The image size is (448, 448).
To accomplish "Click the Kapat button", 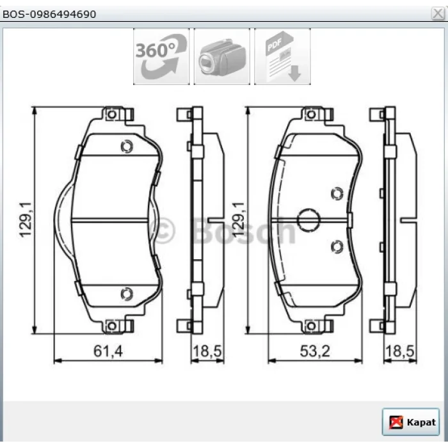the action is pos(410,422).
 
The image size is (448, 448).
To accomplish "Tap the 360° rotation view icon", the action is pos(161,56).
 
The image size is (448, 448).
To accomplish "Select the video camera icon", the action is pos(222,56).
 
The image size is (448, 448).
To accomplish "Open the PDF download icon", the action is pos(282,56).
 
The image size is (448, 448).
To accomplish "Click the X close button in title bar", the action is pos(438,13).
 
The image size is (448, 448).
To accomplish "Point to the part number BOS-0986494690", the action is pos(49,14).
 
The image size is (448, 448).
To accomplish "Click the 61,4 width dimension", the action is pos(108,351).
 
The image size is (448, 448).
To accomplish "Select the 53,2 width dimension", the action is pos(315,351).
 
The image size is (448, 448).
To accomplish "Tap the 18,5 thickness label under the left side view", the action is pos(207,351).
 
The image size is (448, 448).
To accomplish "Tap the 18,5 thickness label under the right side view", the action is pos(400,351).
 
